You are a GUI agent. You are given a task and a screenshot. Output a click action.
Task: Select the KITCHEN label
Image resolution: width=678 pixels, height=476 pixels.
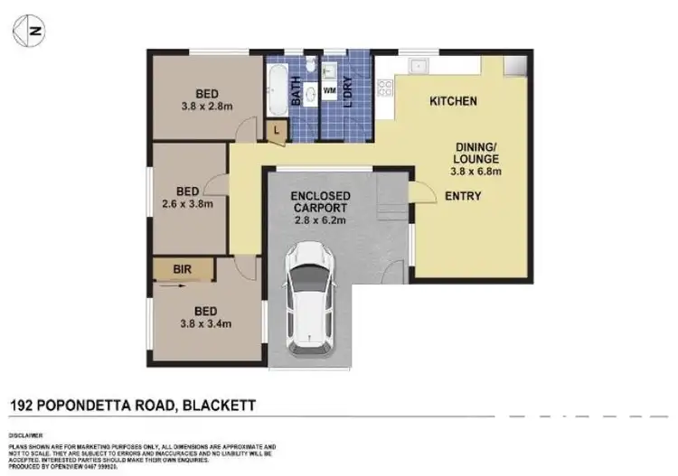click(x=452, y=101)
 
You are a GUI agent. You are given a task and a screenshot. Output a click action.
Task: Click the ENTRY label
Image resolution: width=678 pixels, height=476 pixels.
click(x=462, y=196)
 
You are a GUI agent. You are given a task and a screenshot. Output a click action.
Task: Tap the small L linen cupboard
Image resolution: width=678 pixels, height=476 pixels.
click(x=277, y=130)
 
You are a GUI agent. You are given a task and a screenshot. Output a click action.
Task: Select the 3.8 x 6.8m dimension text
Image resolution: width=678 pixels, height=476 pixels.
click(x=476, y=172)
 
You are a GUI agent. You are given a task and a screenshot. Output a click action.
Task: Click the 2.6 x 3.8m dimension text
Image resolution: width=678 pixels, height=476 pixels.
click(x=187, y=203)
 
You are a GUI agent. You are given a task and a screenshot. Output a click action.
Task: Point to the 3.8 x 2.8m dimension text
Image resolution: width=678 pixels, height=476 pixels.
click(x=207, y=105)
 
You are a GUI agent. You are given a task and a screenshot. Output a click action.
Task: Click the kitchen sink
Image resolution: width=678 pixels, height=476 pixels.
click(x=419, y=65)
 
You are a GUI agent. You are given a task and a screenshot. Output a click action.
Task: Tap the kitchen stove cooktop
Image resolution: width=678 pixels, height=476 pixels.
click(x=385, y=88)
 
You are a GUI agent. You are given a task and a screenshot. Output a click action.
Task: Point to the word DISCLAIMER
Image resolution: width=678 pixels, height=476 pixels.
click(x=28, y=434)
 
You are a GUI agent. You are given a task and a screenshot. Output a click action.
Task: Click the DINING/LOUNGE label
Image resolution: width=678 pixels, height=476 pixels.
click(x=476, y=152)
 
